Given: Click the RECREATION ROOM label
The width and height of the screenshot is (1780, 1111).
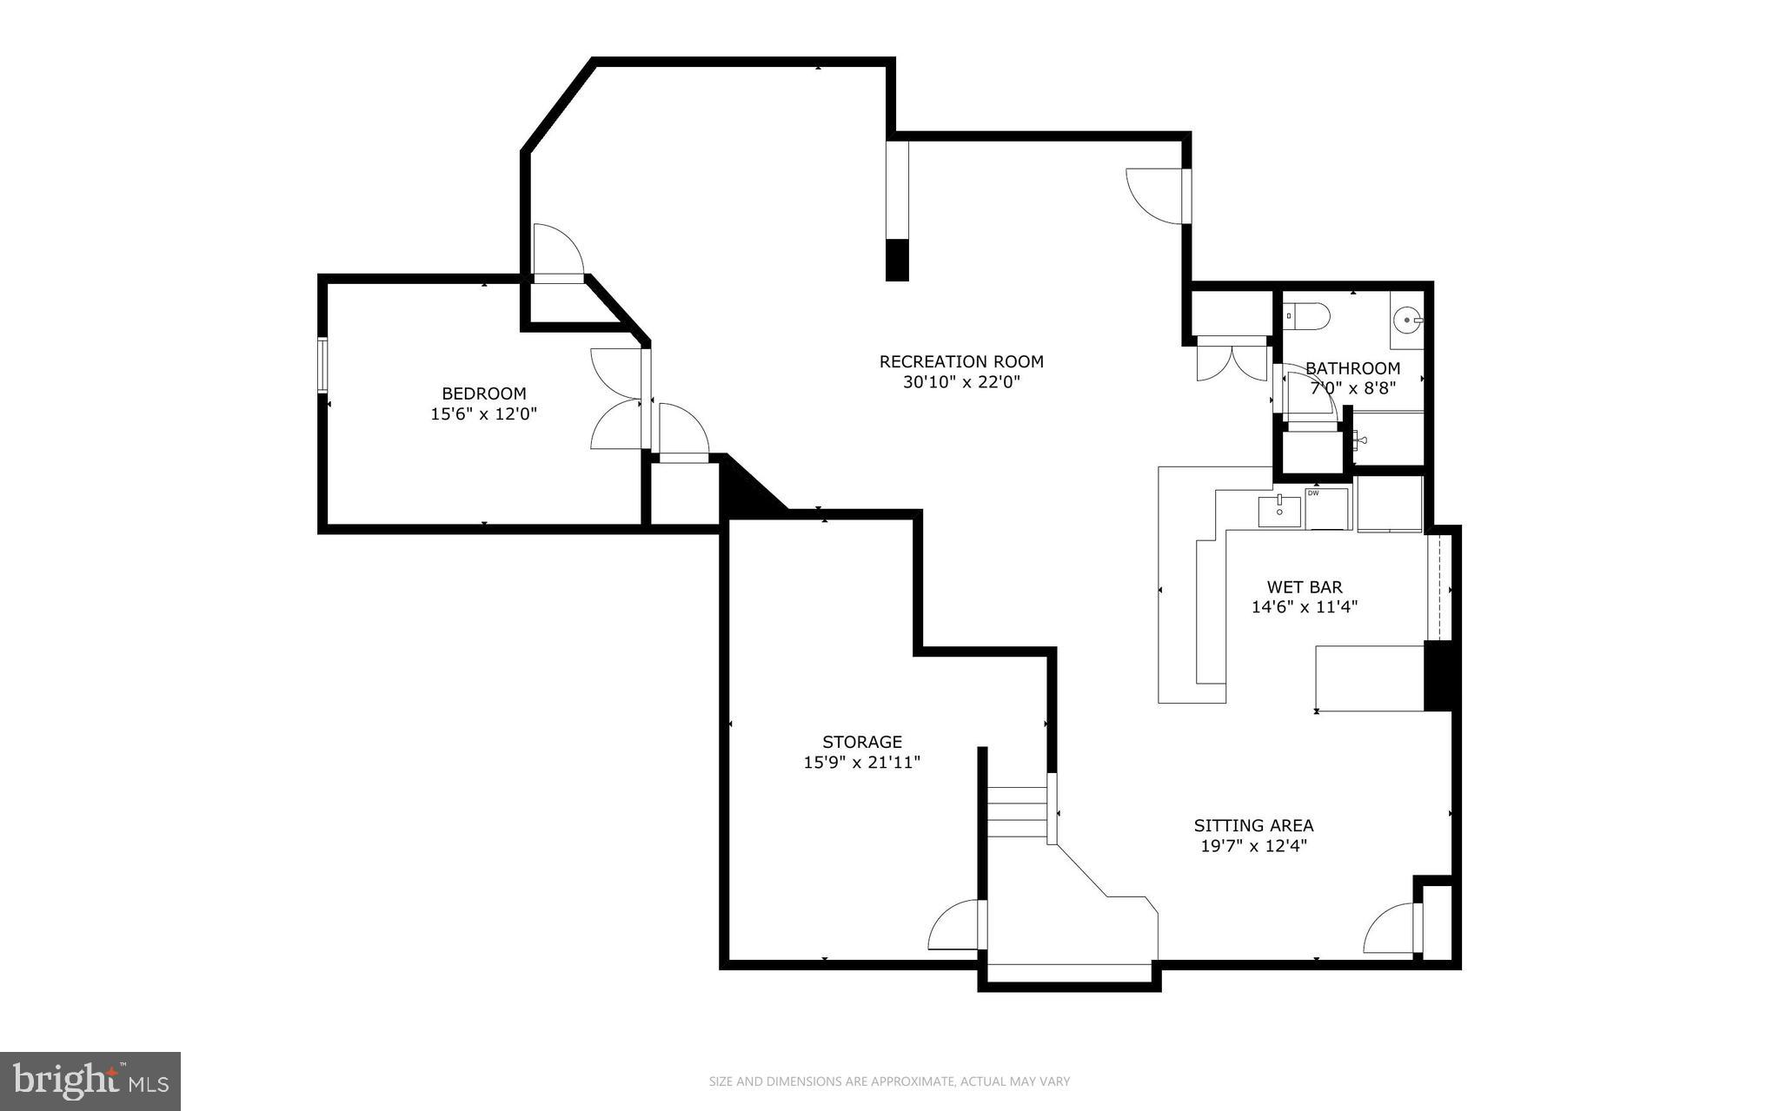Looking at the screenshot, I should tap(960, 361).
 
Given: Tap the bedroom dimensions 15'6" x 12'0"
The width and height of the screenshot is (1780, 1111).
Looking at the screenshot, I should tap(484, 414).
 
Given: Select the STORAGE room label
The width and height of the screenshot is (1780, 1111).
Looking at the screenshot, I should tap(861, 742).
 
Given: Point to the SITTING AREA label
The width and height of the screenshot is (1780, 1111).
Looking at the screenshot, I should tap(1252, 825).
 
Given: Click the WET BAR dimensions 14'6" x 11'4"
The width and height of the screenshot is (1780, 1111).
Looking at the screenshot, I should tap(1304, 607).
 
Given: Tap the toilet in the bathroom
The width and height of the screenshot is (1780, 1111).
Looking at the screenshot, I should tap(1307, 316).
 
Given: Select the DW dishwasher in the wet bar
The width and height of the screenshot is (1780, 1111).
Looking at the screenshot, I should tap(1325, 509).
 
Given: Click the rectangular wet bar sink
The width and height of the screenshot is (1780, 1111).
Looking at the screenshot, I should tap(1279, 511).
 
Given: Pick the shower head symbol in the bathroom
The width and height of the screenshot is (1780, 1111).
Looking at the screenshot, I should tap(1359, 440).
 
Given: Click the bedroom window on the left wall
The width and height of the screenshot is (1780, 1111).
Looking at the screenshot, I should tap(322, 365).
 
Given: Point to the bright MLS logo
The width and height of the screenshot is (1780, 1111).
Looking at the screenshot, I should tap(90, 1081).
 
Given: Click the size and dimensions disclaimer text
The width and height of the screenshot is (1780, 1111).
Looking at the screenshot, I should tap(889, 1081).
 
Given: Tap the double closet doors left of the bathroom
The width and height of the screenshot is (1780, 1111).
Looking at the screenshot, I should tap(1232, 361).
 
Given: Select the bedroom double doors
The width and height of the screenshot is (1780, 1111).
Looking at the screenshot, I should tap(617, 400).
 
